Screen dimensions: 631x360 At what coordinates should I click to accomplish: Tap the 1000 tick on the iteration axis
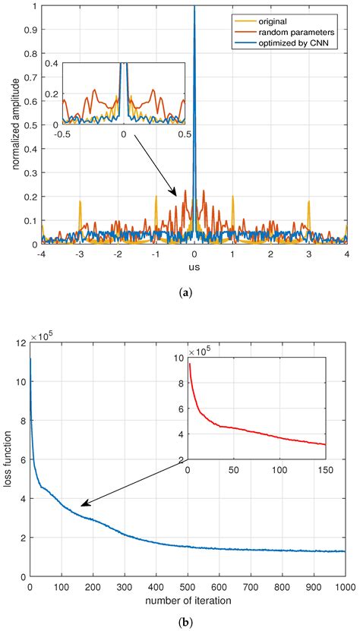(346, 587)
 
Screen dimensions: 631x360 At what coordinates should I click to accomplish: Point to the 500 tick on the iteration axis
(188, 587)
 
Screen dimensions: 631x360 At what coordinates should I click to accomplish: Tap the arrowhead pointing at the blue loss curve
(84, 504)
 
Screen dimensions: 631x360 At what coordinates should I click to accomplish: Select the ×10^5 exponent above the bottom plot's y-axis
(43, 336)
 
